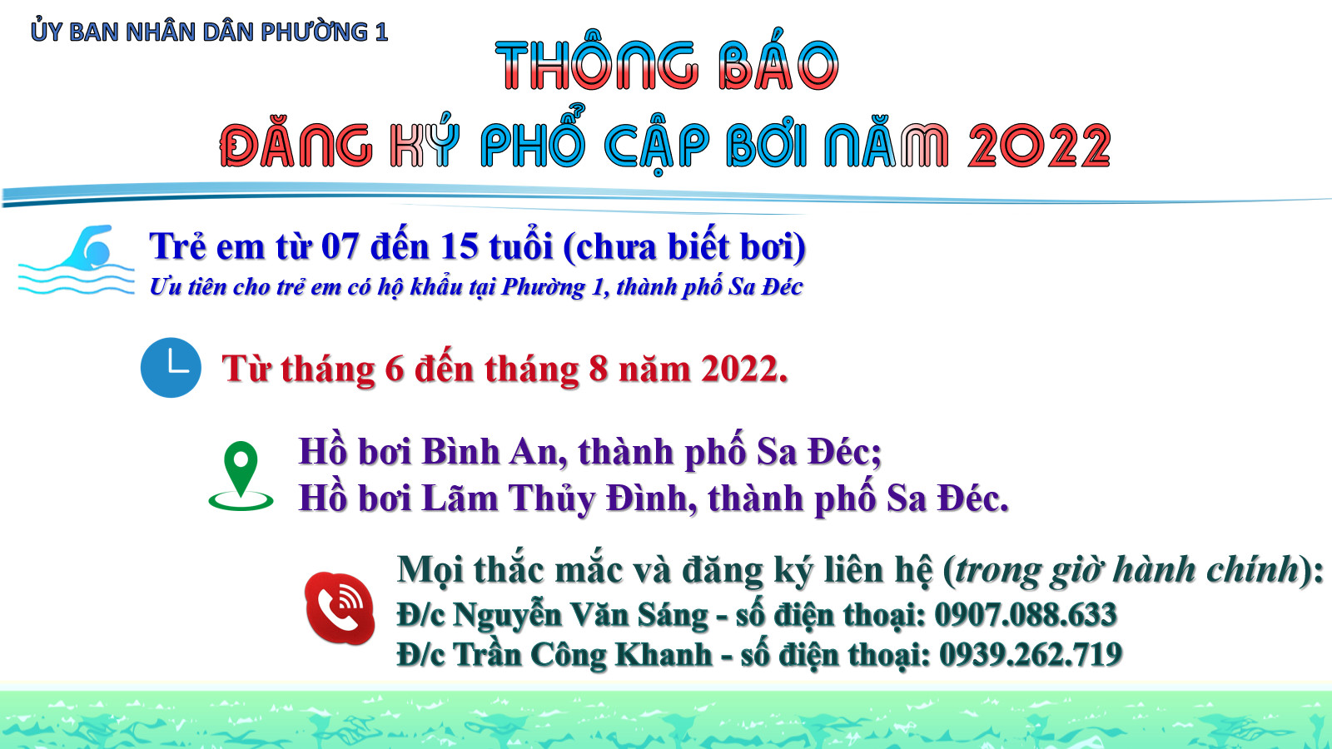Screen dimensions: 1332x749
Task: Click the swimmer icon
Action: [x=76, y=260]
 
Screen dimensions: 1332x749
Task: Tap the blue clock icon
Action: [x=171, y=367]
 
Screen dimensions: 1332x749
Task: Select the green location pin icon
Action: [x=241, y=476]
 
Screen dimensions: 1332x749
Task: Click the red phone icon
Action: [x=340, y=608]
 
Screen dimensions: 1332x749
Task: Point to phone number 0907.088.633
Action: [x=1026, y=615]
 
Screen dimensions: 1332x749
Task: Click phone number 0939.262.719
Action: [x=1031, y=654]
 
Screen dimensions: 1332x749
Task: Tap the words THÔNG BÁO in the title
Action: [x=667, y=66]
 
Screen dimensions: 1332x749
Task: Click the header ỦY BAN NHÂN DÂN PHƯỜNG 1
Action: [x=209, y=32]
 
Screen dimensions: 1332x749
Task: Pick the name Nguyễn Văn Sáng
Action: [x=581, y=615]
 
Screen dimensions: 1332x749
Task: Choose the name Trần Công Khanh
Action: [x=583, y=654]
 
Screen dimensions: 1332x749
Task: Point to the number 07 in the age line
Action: [x=340, y=246]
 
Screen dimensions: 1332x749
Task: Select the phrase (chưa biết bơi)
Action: [x=684, y=246]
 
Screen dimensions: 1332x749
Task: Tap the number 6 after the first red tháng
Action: [x=395, y=369]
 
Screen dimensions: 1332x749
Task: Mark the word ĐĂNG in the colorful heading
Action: [x=296, y=146]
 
